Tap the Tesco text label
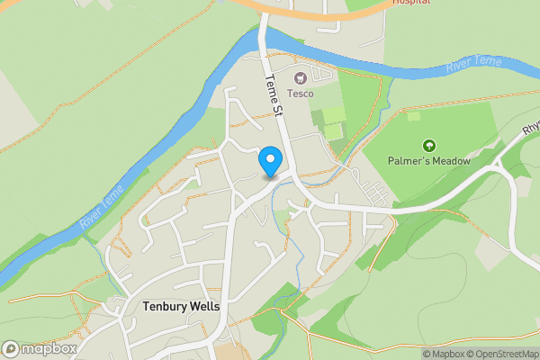[300, 93]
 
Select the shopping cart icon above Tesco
[300, 76]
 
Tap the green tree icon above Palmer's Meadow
[429, 144]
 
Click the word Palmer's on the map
[409, 161]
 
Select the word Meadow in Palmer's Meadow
[452, 161]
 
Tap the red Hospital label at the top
[411, 3]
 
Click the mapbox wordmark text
[49, 348]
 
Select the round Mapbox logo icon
[11, 348]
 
